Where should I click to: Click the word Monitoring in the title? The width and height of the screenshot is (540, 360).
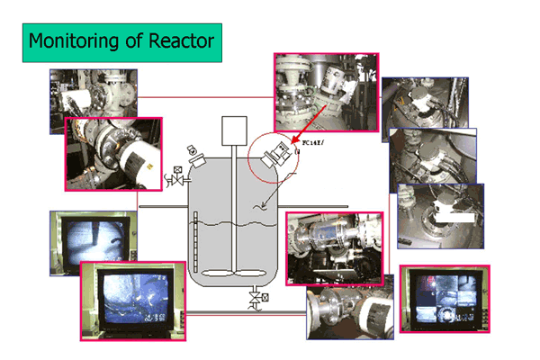[x=72, y=41]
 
